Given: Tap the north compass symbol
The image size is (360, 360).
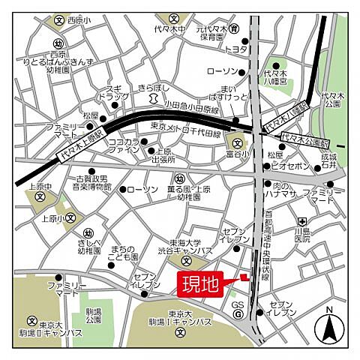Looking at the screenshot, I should coord(328,325).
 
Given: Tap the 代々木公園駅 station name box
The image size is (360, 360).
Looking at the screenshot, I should coord(306,137).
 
